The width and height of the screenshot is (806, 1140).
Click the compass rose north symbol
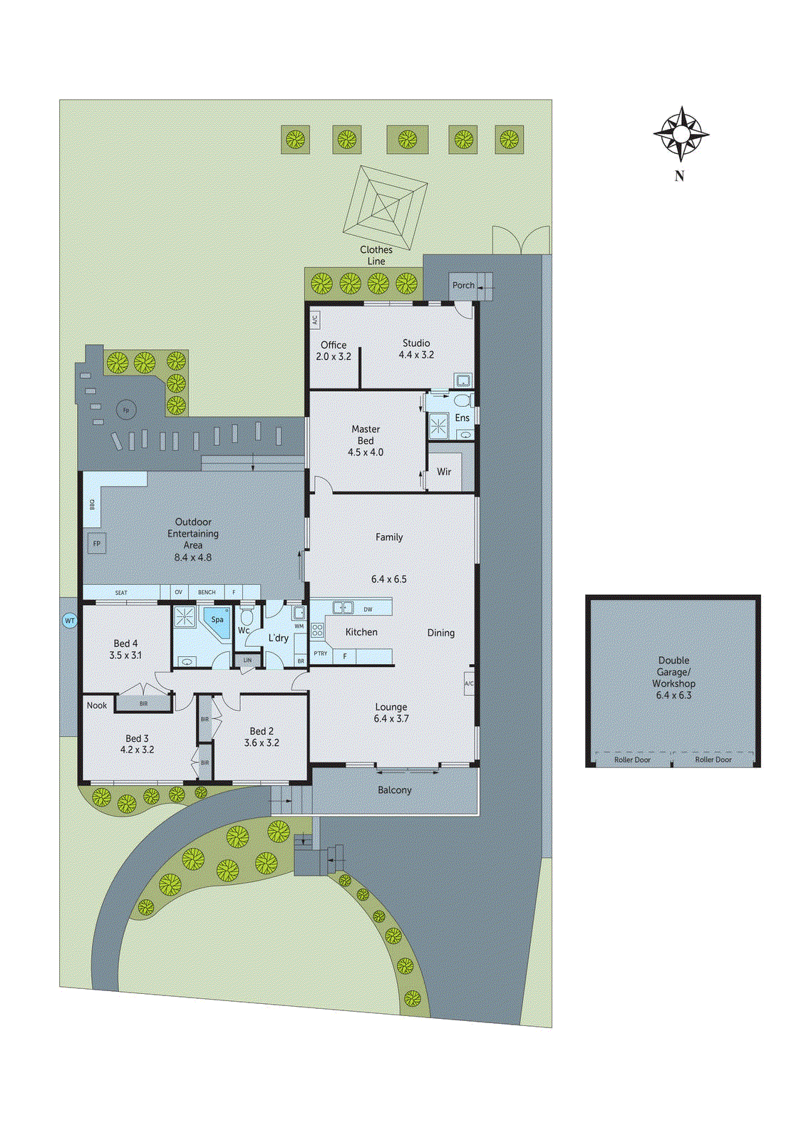[x=681, y=134]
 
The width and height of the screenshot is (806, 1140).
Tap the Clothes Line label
[x=376, y=255]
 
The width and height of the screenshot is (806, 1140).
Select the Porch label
[x=463, y=285]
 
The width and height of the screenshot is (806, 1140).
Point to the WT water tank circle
[x=70, y=621]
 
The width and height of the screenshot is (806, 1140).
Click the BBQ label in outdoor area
[x=92, y=504]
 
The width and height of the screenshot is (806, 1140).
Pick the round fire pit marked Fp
[x=126, y=410]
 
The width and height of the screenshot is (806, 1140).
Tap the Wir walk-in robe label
[x=444, y=472]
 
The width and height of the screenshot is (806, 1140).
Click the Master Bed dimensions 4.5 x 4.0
[x=366, y=452]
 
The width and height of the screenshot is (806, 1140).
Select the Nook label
[x=97, y=705]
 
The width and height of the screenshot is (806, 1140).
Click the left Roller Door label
[x=632, y=760]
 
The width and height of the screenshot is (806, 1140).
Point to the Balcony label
[x=395, y=790]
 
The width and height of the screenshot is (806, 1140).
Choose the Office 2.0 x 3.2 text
[x=334, y=351]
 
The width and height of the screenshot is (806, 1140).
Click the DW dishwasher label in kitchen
[x=368, y=609]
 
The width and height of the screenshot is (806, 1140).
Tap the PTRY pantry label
[x=321, y=653]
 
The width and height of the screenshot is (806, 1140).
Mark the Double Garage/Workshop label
[x=673, y=677]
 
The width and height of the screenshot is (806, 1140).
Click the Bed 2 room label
[x=262, y=731]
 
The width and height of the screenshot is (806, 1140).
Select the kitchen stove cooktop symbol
[x=318, y=630]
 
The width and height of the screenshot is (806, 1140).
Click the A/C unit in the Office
[x=315, y=320]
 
